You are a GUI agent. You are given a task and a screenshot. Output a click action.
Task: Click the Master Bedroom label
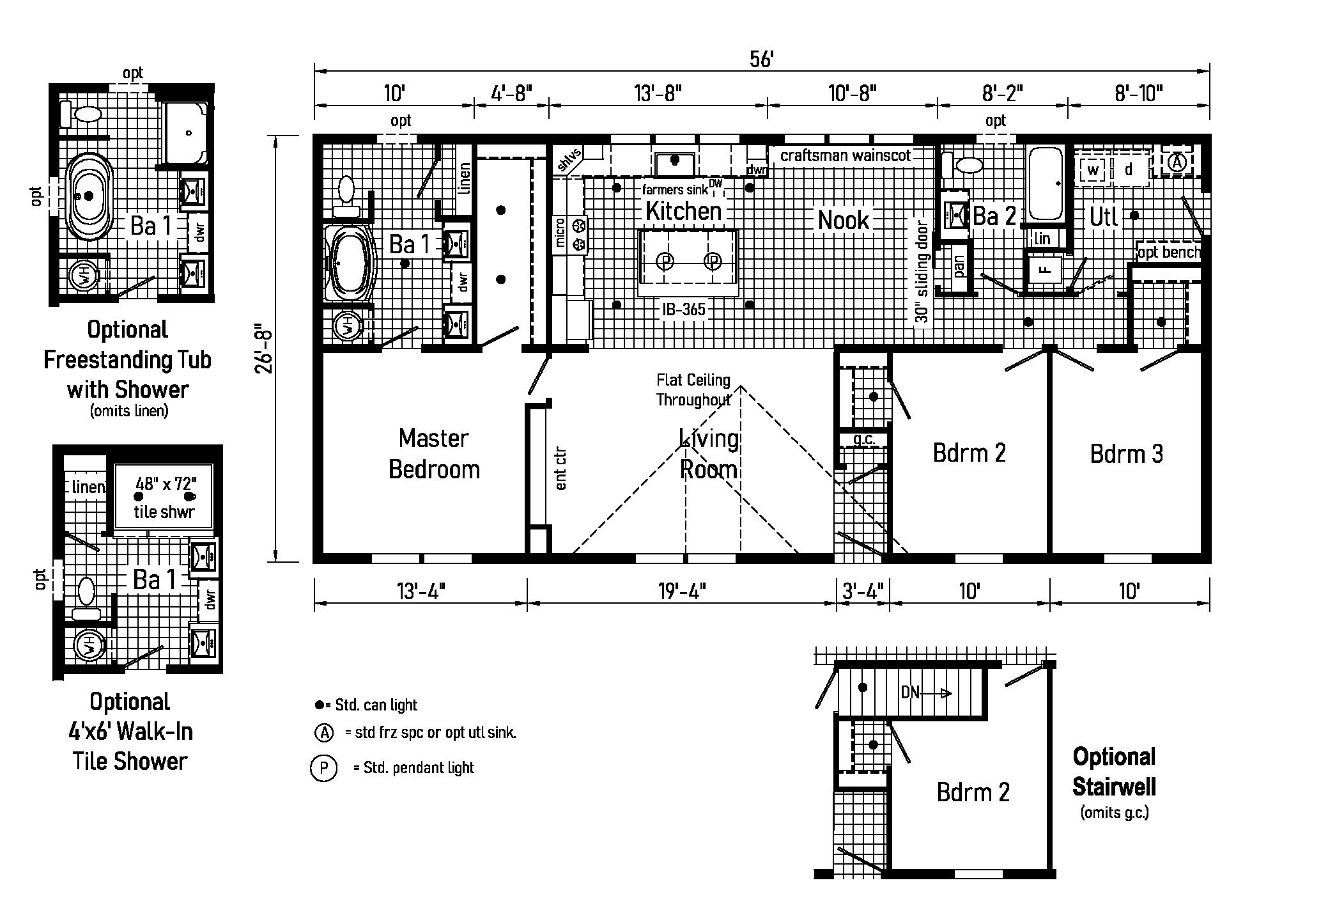pyautogui.click(x=434, y=453)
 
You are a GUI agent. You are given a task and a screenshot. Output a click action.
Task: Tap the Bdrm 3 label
pyautogui.click(x=1126, y=453)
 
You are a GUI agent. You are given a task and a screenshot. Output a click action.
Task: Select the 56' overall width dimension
pyautogui.click(x=762, y=59)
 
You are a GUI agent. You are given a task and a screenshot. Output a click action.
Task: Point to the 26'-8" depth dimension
pyautogui.click(x=264, y=350)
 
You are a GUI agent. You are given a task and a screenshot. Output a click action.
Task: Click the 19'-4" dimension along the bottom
pyautogui.click(x=681, y=592)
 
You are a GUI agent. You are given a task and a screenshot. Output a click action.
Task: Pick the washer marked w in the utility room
pyautogui.click(x=1093, y=170)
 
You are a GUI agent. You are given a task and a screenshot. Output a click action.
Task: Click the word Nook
pyautogui.click(x=844, y=220)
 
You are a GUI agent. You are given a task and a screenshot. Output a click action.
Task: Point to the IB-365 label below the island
pyautogui.click(x=684, y=310)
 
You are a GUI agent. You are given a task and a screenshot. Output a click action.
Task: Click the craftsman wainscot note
pyautogui.click(x=846, y=155)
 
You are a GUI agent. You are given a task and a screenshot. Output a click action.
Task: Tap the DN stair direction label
pyautogui.click(x=910, y=692)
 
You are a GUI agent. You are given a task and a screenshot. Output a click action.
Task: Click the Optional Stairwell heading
pyautogui.click(x=1114, y=772)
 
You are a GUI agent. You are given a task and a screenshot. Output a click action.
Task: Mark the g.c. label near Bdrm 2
pyautogui.click(x=863, y=439)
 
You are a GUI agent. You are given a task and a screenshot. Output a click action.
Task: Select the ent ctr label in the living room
pyautogui.click(x=561, y=469)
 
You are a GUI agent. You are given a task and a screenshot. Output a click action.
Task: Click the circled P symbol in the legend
pyautogui.click(x=323, y=767)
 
